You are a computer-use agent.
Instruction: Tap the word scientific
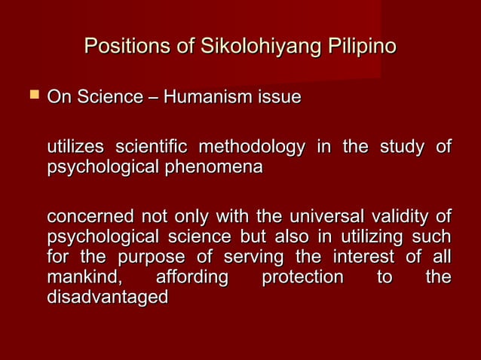click(x=153, y=145)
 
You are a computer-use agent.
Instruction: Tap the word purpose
click(x=146, y=258)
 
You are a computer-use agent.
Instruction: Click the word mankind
click(x=84, y=277)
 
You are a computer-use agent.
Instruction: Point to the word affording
click(x=191, y=277)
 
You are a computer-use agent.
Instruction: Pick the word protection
click(x=302, y=277)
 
